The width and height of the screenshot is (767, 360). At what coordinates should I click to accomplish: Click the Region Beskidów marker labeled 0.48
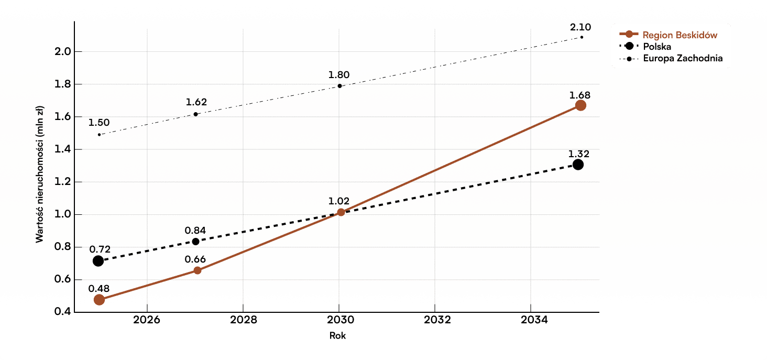tap(99, 300)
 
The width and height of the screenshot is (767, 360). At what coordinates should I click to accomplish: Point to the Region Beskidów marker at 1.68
tap(580, 105)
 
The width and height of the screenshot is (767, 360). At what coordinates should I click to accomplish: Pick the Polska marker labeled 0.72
tap(98, 261)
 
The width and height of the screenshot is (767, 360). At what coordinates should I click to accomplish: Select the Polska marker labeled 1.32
tap(578, 165)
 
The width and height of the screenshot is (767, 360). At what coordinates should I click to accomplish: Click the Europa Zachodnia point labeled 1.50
tap(99, 135)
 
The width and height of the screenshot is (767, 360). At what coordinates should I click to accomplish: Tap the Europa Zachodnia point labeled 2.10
tap(582, 37)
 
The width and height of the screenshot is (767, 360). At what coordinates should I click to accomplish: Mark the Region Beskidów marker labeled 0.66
tap(197, 270)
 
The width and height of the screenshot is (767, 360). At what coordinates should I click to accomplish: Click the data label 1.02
tap(339, 201)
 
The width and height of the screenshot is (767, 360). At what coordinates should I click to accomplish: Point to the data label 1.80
tap(339, 74)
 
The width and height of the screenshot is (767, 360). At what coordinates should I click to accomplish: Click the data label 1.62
tap(196, 102)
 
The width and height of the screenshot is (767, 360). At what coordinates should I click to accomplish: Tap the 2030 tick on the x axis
tap(339, 320)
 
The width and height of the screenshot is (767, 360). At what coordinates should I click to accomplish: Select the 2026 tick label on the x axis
tap(147, 320)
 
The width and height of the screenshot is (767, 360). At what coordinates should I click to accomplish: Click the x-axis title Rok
tap(338, 336)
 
